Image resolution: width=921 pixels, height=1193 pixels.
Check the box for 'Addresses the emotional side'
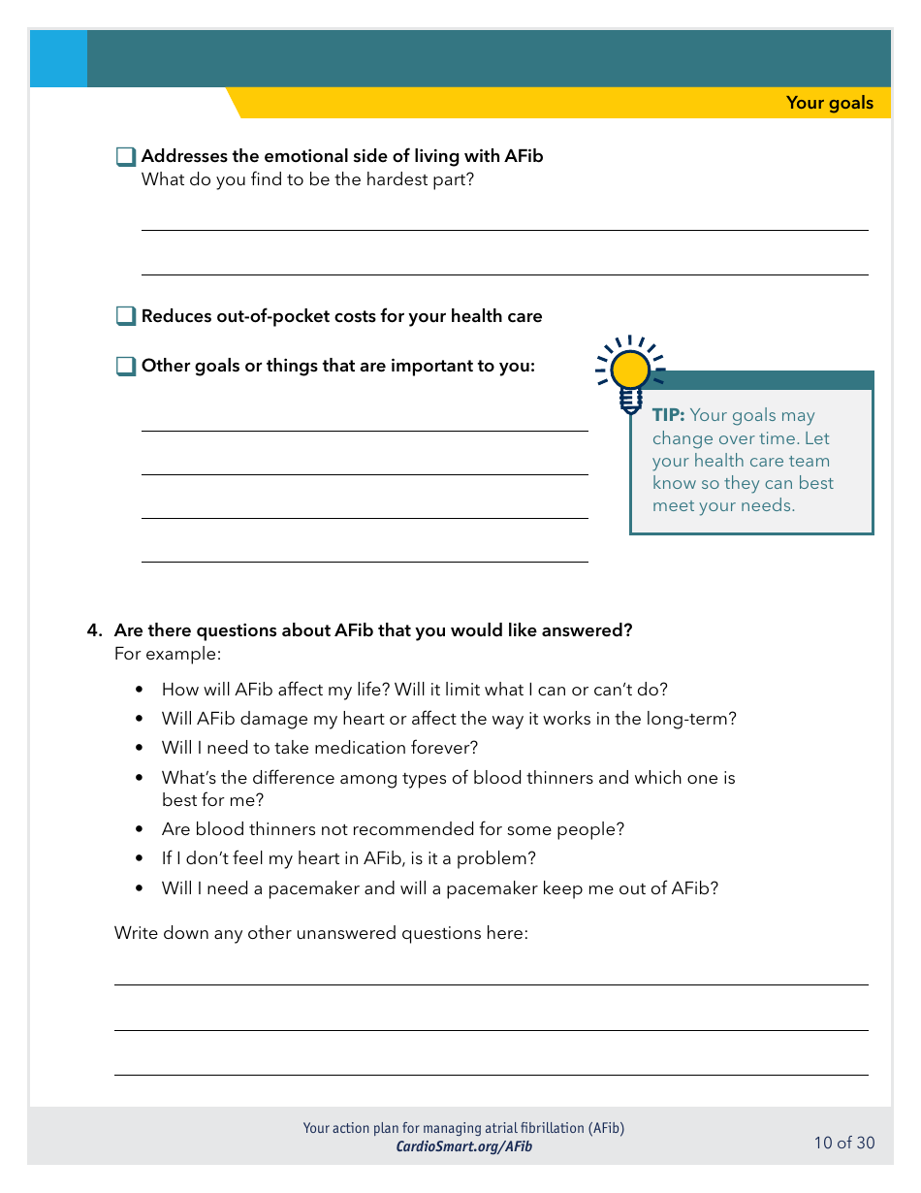126,157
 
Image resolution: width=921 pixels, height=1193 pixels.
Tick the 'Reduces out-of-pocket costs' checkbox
126,316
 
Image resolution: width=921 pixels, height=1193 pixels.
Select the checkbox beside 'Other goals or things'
126,367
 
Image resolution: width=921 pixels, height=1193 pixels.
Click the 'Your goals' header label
829,103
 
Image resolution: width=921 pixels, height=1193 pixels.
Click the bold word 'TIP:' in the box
668,415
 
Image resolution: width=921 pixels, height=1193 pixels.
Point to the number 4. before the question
94,630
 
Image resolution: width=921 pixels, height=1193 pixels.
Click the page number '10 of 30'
843,1143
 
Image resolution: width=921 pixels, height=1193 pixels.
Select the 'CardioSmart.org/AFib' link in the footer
463,1146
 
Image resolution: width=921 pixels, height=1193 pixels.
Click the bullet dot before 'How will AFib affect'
140,691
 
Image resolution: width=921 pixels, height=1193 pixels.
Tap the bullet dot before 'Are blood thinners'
140,830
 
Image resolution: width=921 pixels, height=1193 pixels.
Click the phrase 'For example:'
153,654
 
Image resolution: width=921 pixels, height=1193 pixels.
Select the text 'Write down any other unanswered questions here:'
321,933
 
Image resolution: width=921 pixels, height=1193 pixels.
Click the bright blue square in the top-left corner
58,59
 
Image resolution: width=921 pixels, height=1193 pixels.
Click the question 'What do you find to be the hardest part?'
307,179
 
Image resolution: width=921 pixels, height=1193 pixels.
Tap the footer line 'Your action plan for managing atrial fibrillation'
463,1128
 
